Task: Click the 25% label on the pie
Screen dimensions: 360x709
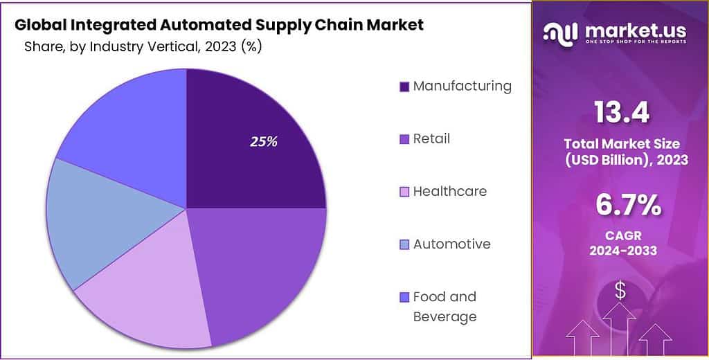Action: [x=263, y=142]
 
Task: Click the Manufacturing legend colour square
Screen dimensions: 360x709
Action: [x=404, y=87]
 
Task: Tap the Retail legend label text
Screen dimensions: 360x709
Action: [x=431, y=138]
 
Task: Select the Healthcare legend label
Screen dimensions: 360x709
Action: [x=449, y=191]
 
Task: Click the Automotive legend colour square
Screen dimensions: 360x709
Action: [x=404, y=244]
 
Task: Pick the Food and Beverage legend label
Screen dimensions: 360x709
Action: [x=445, y=306]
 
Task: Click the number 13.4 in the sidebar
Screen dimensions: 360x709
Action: [x=621, y=114]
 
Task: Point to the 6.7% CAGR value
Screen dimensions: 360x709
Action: [x=621, y=206]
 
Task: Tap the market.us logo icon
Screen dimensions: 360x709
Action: [x=559, y=32]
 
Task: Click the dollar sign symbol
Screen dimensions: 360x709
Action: [x=620, y=291]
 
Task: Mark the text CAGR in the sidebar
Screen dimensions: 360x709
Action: [x=621, y=235]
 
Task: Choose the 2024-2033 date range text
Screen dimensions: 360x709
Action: [x=621, y=250]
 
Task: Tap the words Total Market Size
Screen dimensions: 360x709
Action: [x=621, y=144]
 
